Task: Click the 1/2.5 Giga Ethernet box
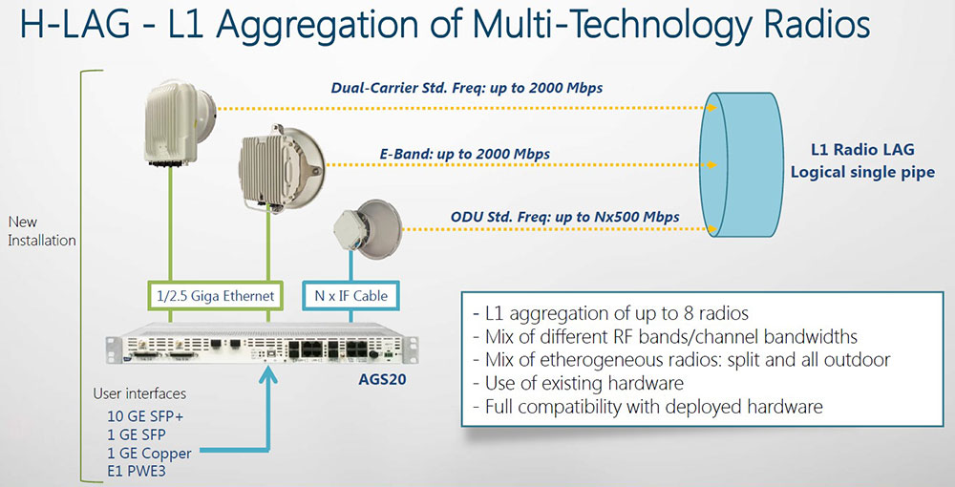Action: click(x=215, y=296)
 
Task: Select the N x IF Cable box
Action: click(x=350, y=296)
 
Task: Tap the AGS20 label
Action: click(x=382, y=380)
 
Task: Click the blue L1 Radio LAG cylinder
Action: click(x=743, y=164)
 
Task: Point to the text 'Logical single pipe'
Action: click(x=862, y=172)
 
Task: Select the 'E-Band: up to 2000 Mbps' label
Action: click(x=465, y=154)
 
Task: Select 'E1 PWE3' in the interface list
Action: click(x=137, y=471)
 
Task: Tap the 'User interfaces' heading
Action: click(x=139, y=393)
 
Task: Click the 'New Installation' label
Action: click(x=41, y=231)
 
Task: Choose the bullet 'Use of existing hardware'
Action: click(x=579, y=384)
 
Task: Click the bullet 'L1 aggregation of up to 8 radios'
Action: click(x=611, y=313)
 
